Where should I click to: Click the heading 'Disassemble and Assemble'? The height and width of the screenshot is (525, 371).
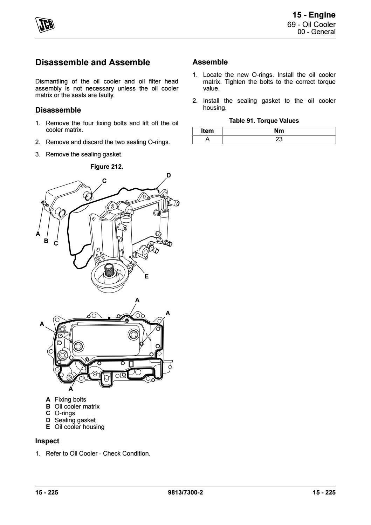coord(93,62)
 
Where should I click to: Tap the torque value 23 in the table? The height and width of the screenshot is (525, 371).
coord(279,139)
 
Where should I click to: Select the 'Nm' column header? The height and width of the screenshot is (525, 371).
coord(279,131)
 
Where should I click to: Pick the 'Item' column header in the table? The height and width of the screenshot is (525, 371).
coord(207,131)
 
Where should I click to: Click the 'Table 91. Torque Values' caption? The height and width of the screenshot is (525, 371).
coord(264,121)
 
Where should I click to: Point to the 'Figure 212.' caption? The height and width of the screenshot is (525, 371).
coord(107,167)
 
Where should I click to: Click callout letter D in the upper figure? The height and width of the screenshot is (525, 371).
coord(169,175)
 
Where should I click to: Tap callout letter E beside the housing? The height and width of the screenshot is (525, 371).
coord(146,276)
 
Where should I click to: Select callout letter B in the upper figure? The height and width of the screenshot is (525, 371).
coord(46,241)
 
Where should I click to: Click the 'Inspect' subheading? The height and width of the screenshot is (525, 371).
coord(47,441)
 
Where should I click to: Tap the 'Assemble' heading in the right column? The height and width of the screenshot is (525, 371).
coord(210,62)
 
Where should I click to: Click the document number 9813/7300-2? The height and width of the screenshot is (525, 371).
coord(186,492)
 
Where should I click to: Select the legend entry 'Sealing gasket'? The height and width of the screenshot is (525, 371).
coord(75,420)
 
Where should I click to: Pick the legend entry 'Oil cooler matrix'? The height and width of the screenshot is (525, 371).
coord(77,406)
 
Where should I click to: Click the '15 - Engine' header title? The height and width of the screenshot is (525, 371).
coord(314,15)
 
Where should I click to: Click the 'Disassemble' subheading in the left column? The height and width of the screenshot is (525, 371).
coord(58,110)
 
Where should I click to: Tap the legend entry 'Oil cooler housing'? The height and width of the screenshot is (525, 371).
coord(79,427)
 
